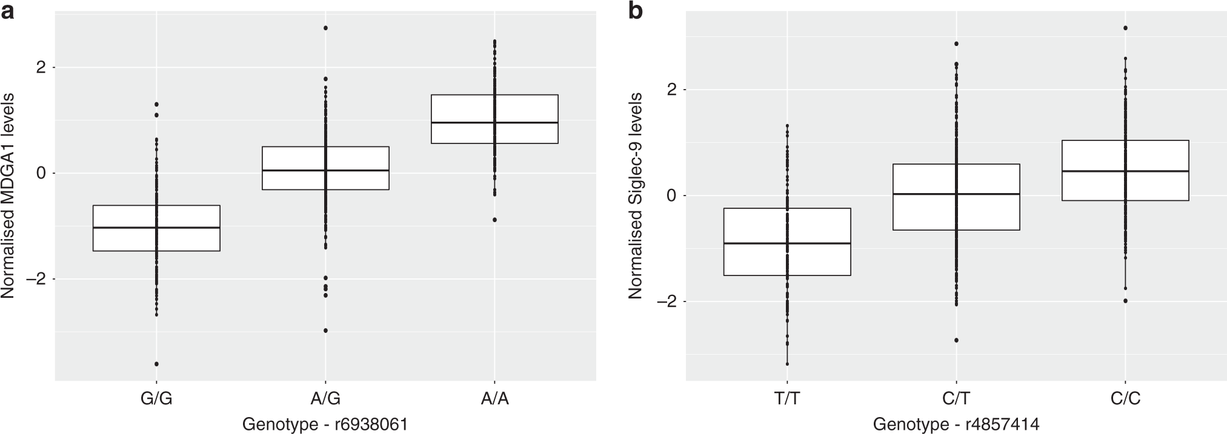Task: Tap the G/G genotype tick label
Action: (156, 399)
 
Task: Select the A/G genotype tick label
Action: (325, 399)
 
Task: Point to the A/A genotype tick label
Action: (494, 399)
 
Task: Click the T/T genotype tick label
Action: (787, 399)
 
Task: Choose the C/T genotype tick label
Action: (956, 399)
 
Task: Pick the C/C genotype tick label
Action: (1125, 399)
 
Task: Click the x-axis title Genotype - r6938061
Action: (325, 424)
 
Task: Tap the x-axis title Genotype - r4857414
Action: (956, 424)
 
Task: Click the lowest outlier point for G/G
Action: (156, 364)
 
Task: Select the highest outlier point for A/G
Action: (325, 28)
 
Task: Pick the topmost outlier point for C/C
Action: (1125, 28)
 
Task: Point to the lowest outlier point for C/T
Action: (956, 340)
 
